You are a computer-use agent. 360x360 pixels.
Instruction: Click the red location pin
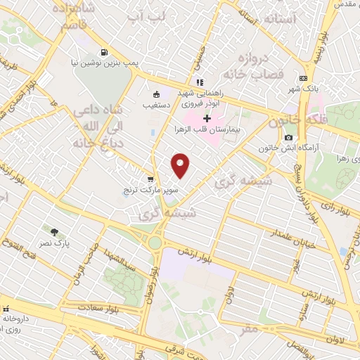[x=181, y=165]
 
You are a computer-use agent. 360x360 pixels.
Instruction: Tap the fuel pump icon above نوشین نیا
[x=105, y=52]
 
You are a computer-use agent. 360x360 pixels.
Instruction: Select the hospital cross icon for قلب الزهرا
[x=207, y=118]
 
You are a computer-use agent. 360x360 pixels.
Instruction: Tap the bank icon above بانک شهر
[x=303, y=78]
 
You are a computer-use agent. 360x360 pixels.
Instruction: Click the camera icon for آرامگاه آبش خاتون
[x=288, y=136]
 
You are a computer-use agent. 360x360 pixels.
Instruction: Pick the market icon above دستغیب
[x=156, y=94]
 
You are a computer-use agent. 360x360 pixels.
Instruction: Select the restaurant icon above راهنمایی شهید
[x=200, y=82]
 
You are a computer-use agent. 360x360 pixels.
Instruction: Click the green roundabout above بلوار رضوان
[x=154, y=243]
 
